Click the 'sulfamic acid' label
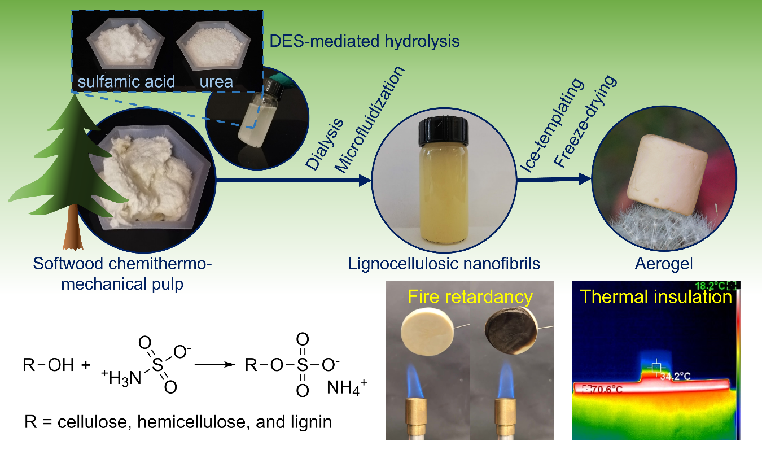pos(126,82)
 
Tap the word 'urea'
pos(216,82)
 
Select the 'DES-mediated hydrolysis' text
pos(364,42)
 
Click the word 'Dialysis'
pos(325,145)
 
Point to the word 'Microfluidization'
pos(370,120)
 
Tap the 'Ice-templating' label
pos(553,125)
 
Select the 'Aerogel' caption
pos(664,264)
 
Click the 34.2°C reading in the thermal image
pos(675,376)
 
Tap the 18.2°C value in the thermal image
pos(710,286)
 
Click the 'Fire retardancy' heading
pos(470,297)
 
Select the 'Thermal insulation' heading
pos(656,297)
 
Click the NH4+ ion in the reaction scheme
pos(347,387)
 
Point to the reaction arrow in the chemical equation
pos(215,364)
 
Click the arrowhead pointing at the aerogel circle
pos(585,179)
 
